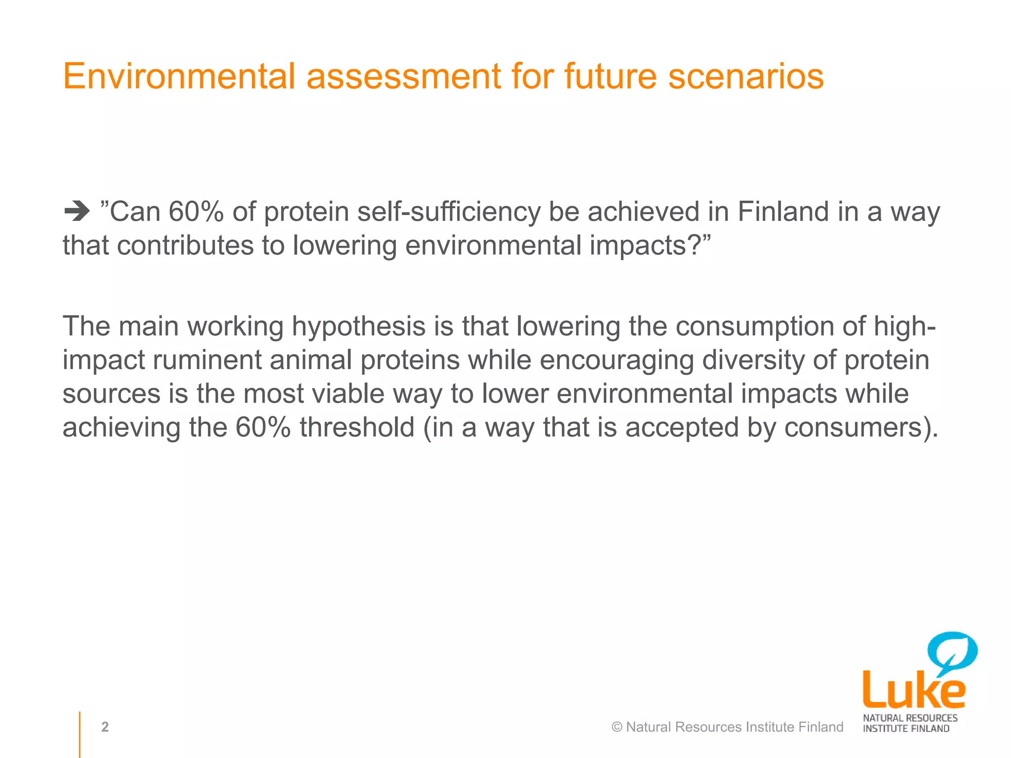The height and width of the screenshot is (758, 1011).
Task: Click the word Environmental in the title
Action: tap(179, 76)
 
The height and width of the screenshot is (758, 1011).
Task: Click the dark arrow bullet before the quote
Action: tap(77, 212)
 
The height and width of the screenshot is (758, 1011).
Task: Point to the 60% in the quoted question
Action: tap(196, 212)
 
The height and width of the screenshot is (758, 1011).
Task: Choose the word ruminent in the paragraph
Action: tap(207, 360)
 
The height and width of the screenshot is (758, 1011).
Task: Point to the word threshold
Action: tap(357, 427)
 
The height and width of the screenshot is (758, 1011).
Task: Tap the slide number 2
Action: tap(105, 727)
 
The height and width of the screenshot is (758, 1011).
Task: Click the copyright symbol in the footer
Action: tap(617, 727)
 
